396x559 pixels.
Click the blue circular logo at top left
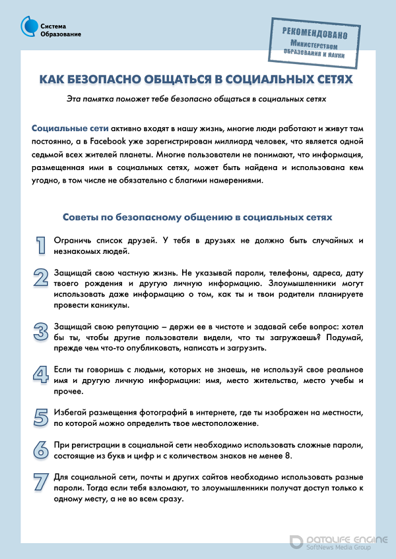[29, 28]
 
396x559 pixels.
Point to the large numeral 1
[40, 245]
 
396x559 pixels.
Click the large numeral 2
[40, 278]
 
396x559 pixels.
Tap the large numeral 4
[40, 374]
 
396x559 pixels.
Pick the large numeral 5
[40, 417]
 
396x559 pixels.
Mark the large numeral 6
[40, 449]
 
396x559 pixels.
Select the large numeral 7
[40, 482]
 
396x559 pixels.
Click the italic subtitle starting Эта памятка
[197, 99]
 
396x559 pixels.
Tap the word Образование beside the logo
[61, 34]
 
